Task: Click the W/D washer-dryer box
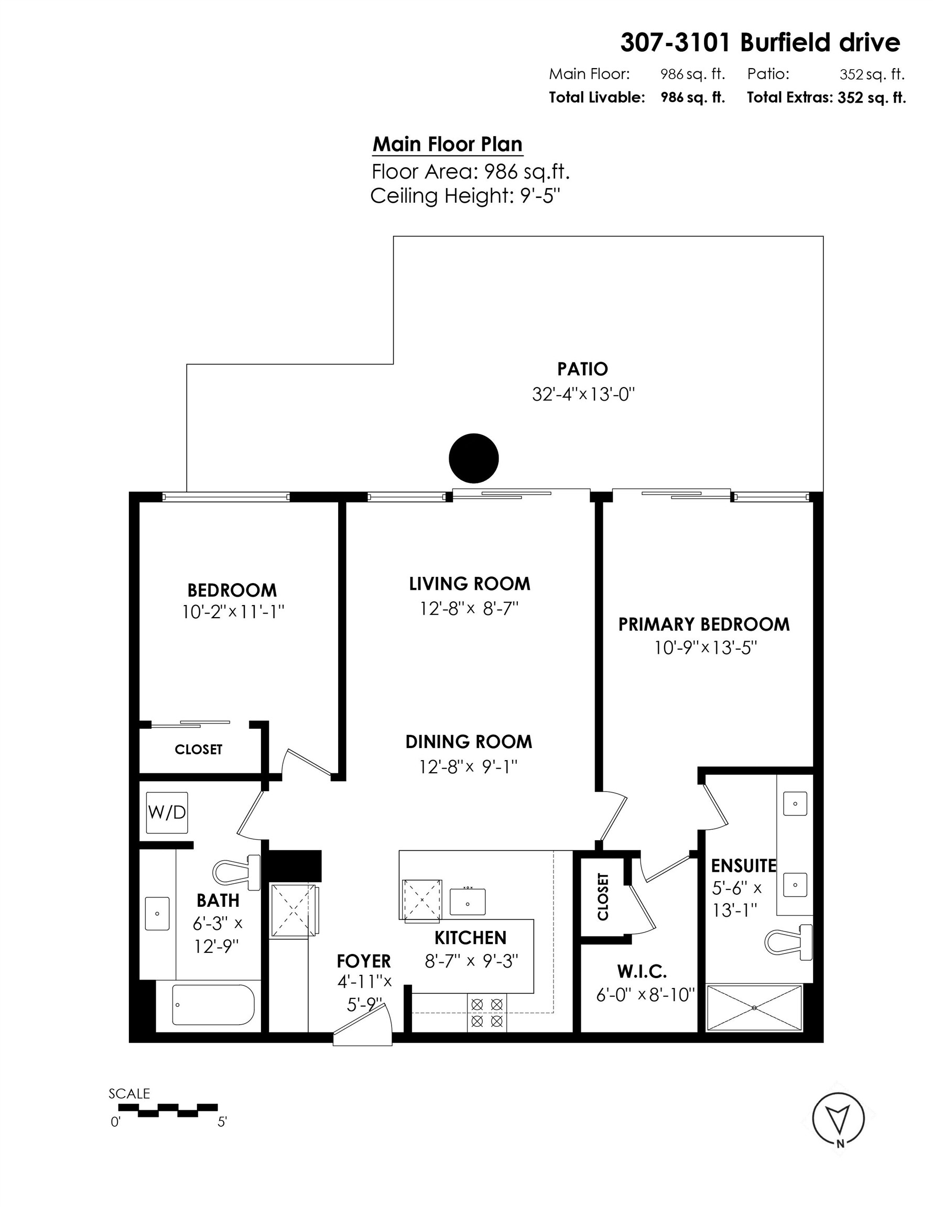(x=167, y=813)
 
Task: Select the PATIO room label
(x=582, y=369)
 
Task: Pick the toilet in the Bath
(x=237, y=873)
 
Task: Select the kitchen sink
(x=468, y=902)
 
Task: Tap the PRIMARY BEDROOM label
(x=703, y=624)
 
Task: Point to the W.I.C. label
(x=642, y=971)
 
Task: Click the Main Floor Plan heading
(x=447, y=144)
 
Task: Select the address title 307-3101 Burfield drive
(x=760, y=42)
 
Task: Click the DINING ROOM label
(x=469, y=742)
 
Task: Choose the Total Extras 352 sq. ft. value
(x=871, y=98)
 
